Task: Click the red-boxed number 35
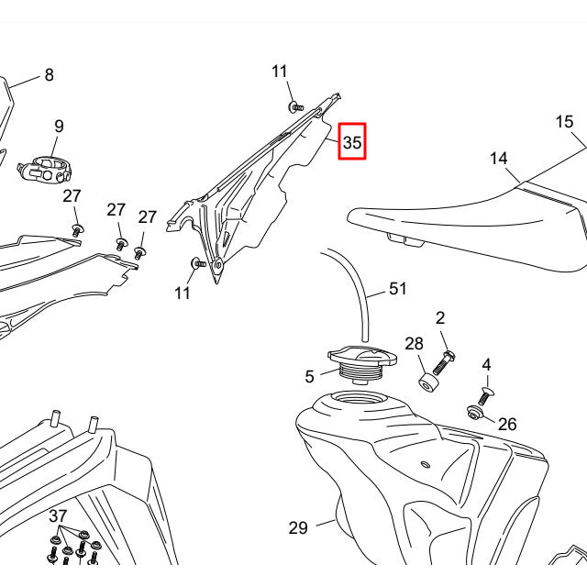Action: coord(352,142)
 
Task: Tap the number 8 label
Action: coord(50,76)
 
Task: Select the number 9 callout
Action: coord(59,127)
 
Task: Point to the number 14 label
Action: coord(498,159)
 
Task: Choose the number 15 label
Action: coord(564,122)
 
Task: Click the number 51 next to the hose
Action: coord(397,289)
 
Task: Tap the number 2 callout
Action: coord(440,318)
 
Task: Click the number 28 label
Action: coord(415,344)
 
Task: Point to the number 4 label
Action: coord(486,364)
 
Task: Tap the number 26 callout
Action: coord(507,424)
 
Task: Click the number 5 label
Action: coord(310,376)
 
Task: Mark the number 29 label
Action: coord(298,527)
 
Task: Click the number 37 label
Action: coord(59,515)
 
